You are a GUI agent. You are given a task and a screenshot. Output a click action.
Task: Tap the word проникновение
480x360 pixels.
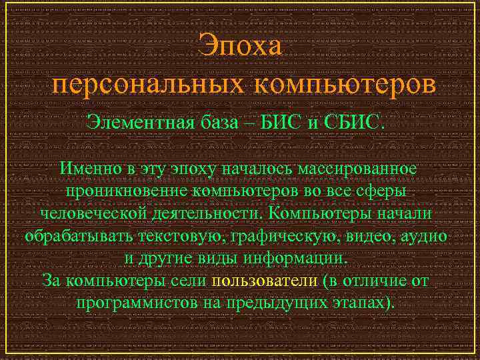[127, 191]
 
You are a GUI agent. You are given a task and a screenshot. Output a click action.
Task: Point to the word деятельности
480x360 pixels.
[204, 213]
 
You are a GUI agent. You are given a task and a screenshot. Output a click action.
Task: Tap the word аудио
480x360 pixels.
[425, 236]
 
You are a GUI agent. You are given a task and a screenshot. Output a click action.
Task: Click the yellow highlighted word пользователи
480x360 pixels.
[263, 281]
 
